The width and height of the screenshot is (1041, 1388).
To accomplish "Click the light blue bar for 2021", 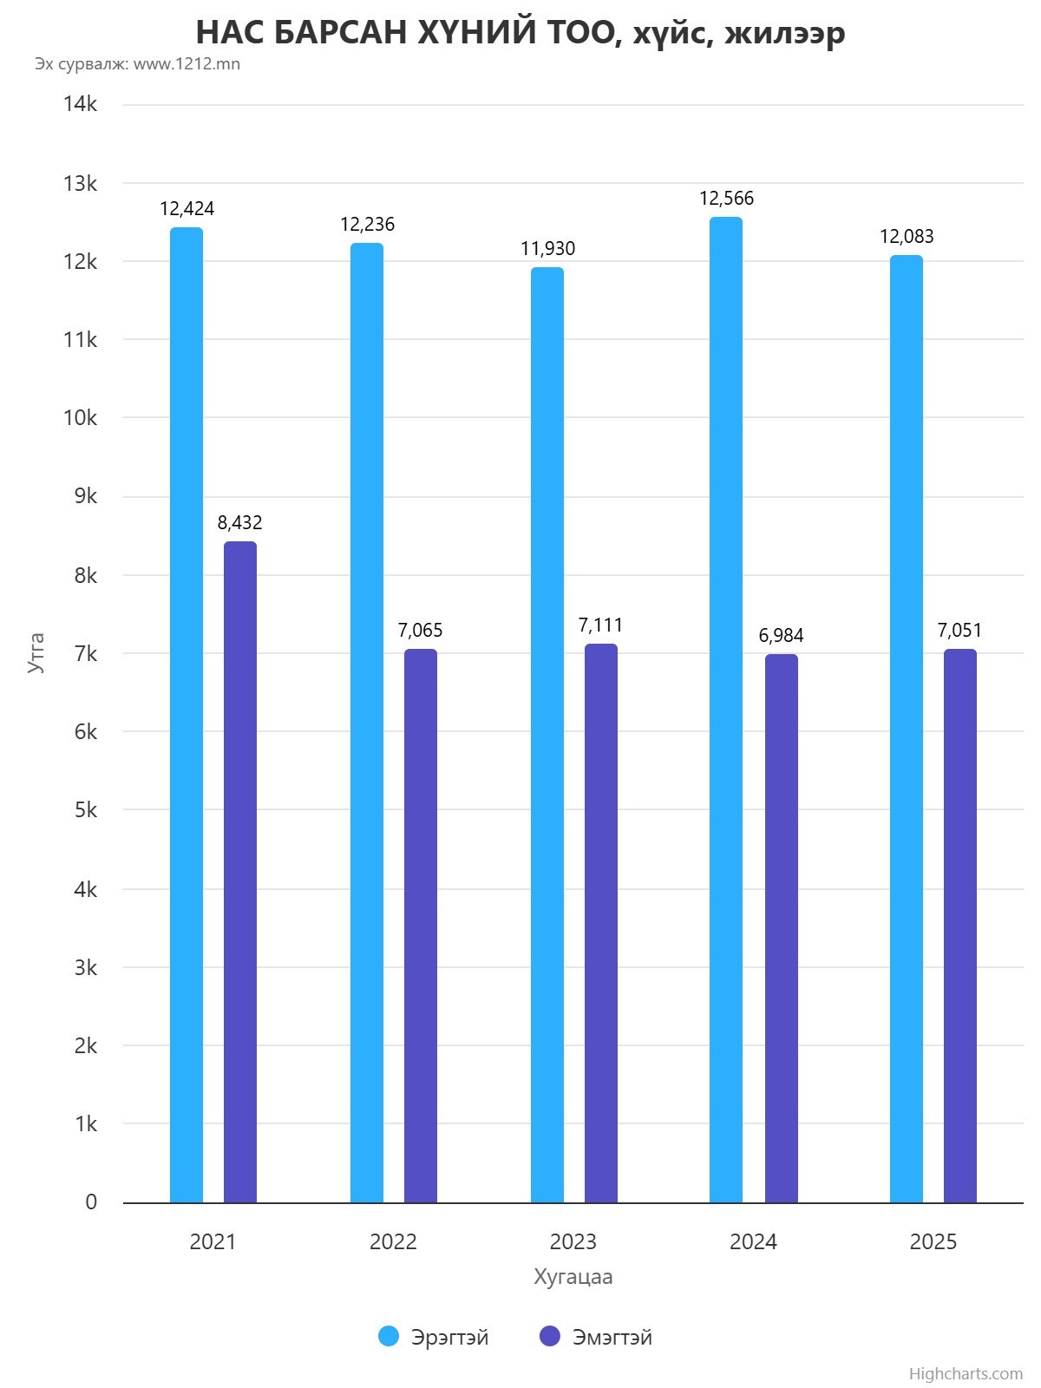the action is (x=187, y=715).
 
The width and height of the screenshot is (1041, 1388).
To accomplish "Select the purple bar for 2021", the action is (x=240, y=872).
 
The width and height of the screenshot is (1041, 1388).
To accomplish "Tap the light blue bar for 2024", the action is (x=726, y=710).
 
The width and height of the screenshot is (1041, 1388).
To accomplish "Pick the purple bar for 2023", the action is (x=601, y=923).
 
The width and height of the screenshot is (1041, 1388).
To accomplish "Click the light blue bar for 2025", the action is (x=907, y=729).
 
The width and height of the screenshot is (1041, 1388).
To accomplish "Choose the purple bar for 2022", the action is (x=421, y=926).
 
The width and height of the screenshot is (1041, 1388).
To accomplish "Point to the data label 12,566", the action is (x=726, y=199).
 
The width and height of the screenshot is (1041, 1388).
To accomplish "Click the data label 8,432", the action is (x=239, y=522).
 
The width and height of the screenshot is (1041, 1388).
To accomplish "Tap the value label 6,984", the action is (x=782, y=636).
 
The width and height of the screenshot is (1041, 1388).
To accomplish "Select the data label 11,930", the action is (x=547, y=248).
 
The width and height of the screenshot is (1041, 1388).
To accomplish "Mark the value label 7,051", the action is (x=959, y=631).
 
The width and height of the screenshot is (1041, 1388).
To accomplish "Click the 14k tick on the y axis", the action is (x=80, y=104).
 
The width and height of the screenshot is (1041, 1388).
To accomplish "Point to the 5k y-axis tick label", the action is (x=85, y=810).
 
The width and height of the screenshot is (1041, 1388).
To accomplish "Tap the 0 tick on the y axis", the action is (x=91, y=1202).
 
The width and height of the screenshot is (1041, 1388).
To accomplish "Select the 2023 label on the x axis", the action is (x=573, y=1241).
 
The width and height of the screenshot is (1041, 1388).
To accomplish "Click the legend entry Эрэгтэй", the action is (x=434, y=1337).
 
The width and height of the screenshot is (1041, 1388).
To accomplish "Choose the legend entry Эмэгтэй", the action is (x=596, y=1337).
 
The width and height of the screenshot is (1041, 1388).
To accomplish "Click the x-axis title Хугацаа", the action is (x=573, y=1277).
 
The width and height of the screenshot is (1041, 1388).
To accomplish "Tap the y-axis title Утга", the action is (x=36, y=653).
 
